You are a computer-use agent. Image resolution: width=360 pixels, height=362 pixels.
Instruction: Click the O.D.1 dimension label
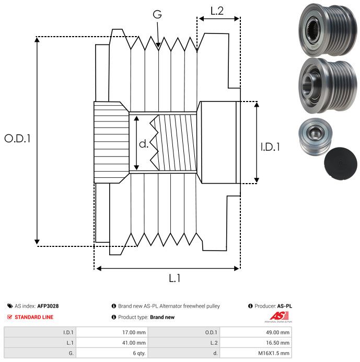point(18,139)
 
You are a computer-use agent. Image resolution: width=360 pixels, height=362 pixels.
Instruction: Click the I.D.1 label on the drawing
point(270,148)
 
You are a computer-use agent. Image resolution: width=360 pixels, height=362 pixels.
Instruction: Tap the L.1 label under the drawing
point(174,278)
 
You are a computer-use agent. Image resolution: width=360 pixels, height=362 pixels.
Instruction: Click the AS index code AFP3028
point(52,306)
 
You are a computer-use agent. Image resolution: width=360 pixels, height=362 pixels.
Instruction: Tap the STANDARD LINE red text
point(34,317)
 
